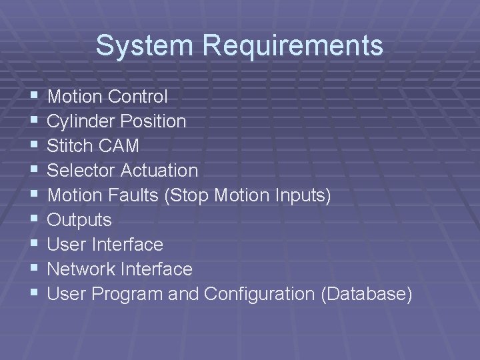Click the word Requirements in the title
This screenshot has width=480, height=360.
293,46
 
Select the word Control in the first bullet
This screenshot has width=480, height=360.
137,97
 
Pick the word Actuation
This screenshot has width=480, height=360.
159,171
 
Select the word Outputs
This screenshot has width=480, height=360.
79,220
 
